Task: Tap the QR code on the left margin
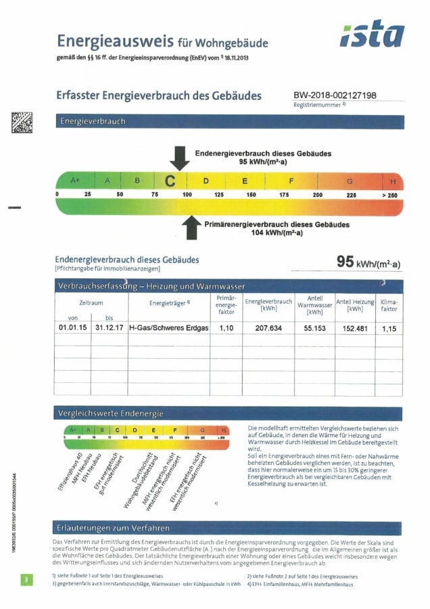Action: (22, 122)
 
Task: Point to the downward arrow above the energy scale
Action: (179, 158)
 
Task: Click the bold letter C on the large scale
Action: (170, 181)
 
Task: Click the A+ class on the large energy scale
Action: (75, 181)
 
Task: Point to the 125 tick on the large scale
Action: (219, 195)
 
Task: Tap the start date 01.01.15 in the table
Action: (72, 328)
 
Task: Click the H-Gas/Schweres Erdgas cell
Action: (169, 328)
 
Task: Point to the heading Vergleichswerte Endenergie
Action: (111, 413)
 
